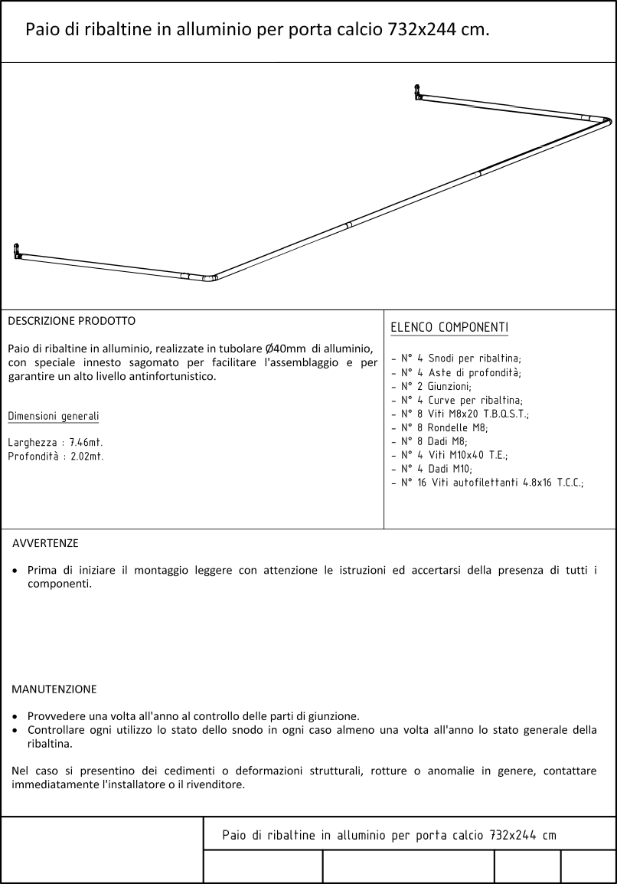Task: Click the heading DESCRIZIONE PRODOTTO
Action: click(x=71, y=321)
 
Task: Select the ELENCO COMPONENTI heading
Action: click(x=449, y=328)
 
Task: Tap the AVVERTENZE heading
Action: click(x=45, y=543)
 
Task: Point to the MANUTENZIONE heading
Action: click(x=54, y=689)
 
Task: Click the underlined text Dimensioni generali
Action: click(x=53, y=416)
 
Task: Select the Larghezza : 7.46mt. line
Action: click(x=55, y=443)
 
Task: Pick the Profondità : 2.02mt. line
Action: click(x=55, y=457)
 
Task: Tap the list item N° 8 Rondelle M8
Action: click(x=444, y=427)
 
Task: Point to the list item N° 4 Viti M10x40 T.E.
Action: click(x=454, y=455)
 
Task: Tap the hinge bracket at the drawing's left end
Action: click(x=18, y=250)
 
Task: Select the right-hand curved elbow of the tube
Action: click(x=606, y=121)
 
